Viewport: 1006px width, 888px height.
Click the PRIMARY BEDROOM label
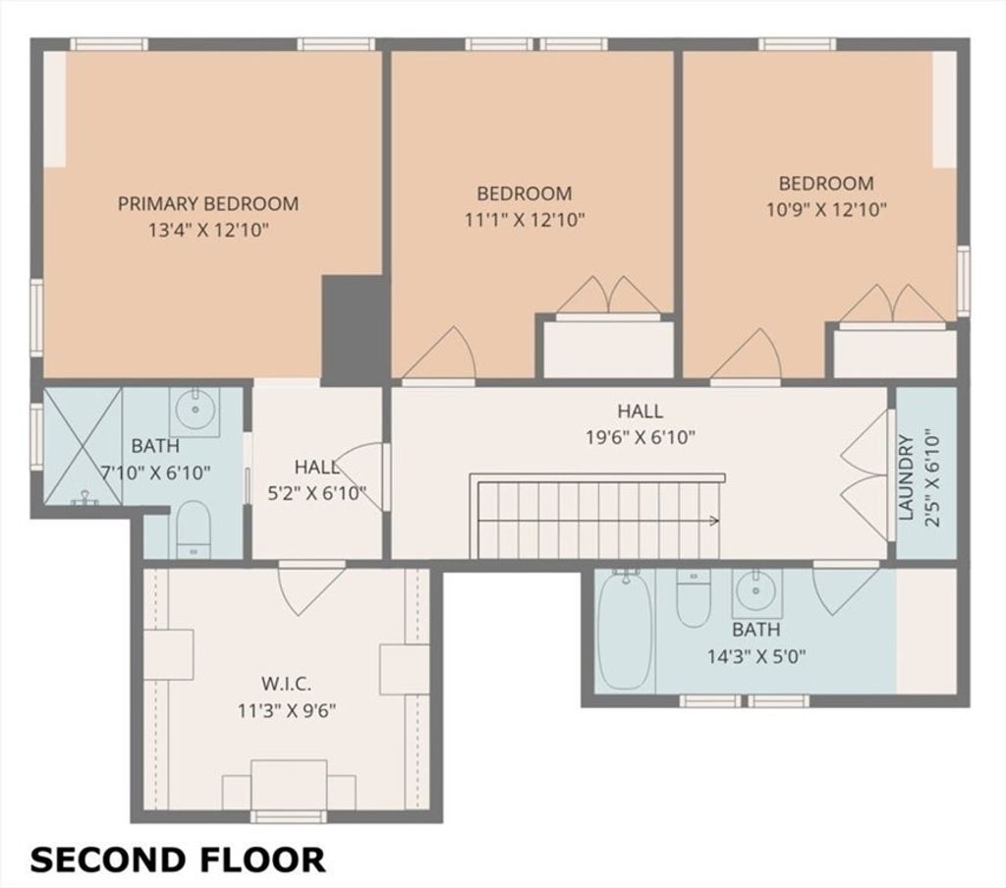click(208, 203)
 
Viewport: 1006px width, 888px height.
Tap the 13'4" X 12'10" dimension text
click(208, 230)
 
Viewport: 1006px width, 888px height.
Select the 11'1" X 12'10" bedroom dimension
click(525, 220)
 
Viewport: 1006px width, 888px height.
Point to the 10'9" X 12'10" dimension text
click(826, 210)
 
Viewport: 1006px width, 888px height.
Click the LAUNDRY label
click(905, 476)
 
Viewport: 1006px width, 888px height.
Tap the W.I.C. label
click(287, 684)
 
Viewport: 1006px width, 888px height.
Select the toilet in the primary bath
click(193, 529)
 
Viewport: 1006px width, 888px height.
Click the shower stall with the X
click(83, 446)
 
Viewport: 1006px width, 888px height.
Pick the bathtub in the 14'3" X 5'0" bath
click(625, 631)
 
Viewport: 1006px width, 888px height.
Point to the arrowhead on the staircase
click(715, 521)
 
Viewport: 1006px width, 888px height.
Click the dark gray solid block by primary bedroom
click(353, 330)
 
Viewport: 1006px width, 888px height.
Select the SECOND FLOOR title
click(177, 860)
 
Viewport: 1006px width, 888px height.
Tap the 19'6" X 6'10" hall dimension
click(641, 437)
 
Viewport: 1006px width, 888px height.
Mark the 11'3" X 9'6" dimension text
click(287, 711)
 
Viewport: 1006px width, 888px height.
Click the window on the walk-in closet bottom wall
click(288, 816)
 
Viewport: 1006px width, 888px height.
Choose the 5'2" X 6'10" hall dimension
click(316, 494)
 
